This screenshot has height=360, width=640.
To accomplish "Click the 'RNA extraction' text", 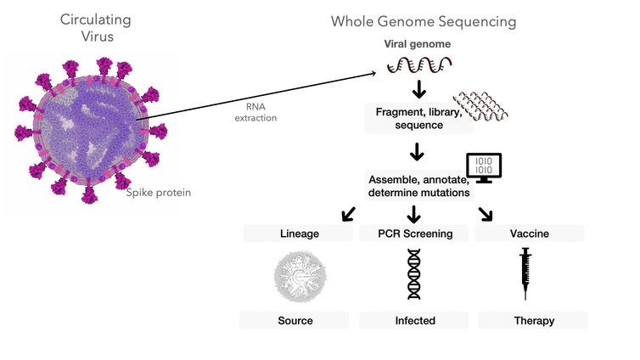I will click(x=255, y=113).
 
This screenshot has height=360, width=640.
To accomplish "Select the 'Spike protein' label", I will click(x=159, y=193).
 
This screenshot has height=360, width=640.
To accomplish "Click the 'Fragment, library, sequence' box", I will click(x=418, y=117).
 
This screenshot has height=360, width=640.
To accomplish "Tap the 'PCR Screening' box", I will click(x=414, y=233).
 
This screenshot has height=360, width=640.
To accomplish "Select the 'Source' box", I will click(x=295, y=320).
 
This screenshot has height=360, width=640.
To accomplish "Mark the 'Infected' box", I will click(x=414, y=320).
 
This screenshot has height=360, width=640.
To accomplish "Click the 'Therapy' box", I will click(x=533, y=320).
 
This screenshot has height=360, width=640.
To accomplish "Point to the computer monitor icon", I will click(x=485, y=166).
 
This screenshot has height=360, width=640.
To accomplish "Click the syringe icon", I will click(x=525, y=273).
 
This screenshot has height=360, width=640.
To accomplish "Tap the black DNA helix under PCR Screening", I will click(x=414, y=274).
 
